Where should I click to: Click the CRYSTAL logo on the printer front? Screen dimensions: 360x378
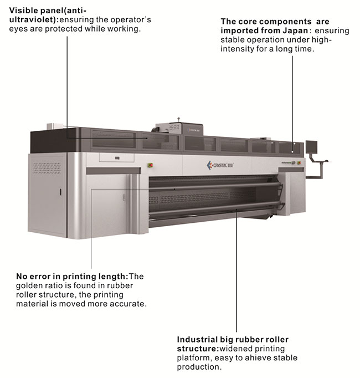click(220, 165)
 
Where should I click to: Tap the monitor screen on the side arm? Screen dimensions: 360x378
click(312, 147)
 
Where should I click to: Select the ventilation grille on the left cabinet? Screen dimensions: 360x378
click(47, 168)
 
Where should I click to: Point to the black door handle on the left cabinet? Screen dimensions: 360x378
click(60, 192)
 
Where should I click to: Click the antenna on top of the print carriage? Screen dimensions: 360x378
click(178, 120)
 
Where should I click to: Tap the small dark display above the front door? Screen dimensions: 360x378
click(117, 158)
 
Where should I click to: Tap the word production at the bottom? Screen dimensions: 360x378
click(199, 367)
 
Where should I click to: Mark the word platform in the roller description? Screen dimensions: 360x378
click(194, 358)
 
